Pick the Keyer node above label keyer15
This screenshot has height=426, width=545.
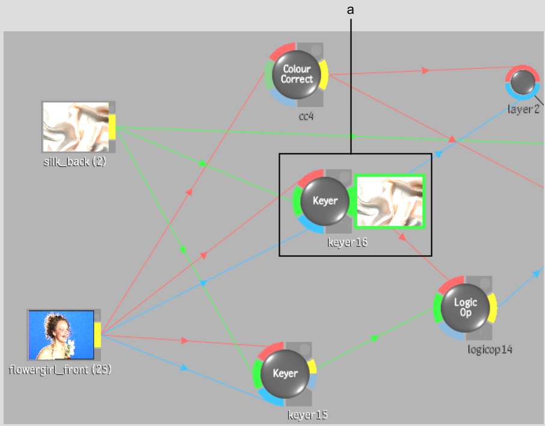[x=285, y=373]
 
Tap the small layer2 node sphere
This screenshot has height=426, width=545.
[x=522, y=82]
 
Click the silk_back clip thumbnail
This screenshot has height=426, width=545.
[x=75, y=126]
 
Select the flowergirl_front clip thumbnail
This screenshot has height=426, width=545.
[x=61, y=335]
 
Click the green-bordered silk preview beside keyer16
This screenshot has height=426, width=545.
[x=390, y=202]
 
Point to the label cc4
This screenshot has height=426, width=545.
[x=306, y=116]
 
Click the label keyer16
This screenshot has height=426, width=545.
[x=347, y=243]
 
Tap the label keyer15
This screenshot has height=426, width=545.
[x=307, y=415]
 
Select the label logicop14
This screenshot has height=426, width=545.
[x=490, y=349]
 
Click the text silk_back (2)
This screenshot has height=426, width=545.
[x=75, y=161]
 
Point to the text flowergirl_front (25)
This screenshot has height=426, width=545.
[x=60, y=369]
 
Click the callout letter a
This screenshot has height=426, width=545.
[x=350, y=10]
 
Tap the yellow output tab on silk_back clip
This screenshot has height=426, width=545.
[x=112, y=127]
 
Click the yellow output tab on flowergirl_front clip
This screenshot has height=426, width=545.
[x=97, y=335]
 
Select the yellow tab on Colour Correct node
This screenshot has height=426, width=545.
[x=324, y=74]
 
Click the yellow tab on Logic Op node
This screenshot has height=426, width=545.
[x=493, y=307]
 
